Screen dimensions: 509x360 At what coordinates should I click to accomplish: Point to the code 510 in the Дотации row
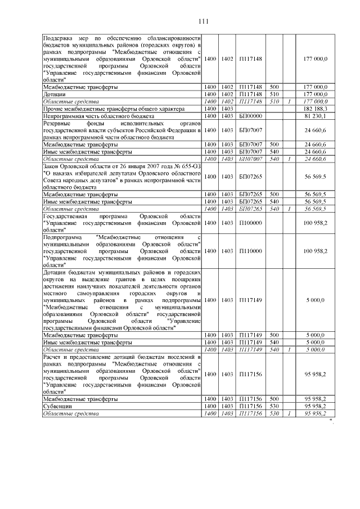tap(275, 94)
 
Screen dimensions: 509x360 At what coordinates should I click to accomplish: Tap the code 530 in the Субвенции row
tap(275, 406)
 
